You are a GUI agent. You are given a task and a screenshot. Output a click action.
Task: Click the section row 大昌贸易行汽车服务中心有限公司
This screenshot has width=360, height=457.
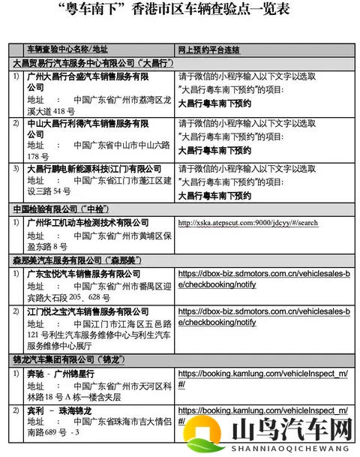coord(94,64)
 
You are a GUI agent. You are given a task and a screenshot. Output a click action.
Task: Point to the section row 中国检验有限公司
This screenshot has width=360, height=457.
coord(67,207)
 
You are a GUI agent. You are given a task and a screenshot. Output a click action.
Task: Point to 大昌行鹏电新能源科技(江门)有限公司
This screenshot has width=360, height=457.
coord(94,169)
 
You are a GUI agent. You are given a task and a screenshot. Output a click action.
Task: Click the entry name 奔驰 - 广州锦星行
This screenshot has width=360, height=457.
coord(60,374)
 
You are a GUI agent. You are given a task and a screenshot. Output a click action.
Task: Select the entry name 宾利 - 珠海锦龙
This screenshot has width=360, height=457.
coord(60,411)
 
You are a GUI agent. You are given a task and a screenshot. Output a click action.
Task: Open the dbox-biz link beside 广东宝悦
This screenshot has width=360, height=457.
coord(263,279)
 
